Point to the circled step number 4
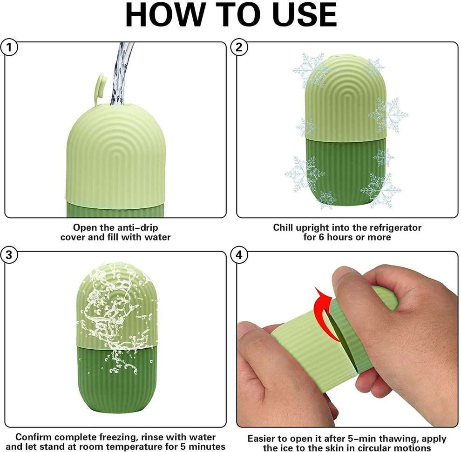(239, 255)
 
